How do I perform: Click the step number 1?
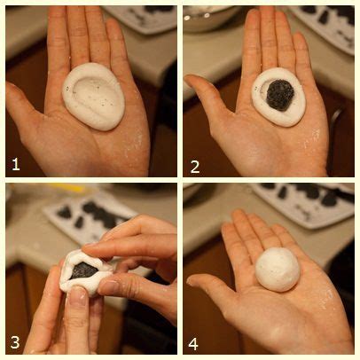click(16, 164)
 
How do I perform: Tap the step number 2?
click(195, 167)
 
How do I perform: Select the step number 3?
click(15, 343)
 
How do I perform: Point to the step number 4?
click(193, 344)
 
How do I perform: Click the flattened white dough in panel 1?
click(93, 97)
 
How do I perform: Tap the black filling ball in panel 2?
click(280, 95)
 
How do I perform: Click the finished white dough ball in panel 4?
click(278, 270)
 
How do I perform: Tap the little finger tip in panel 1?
click(112, 25)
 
